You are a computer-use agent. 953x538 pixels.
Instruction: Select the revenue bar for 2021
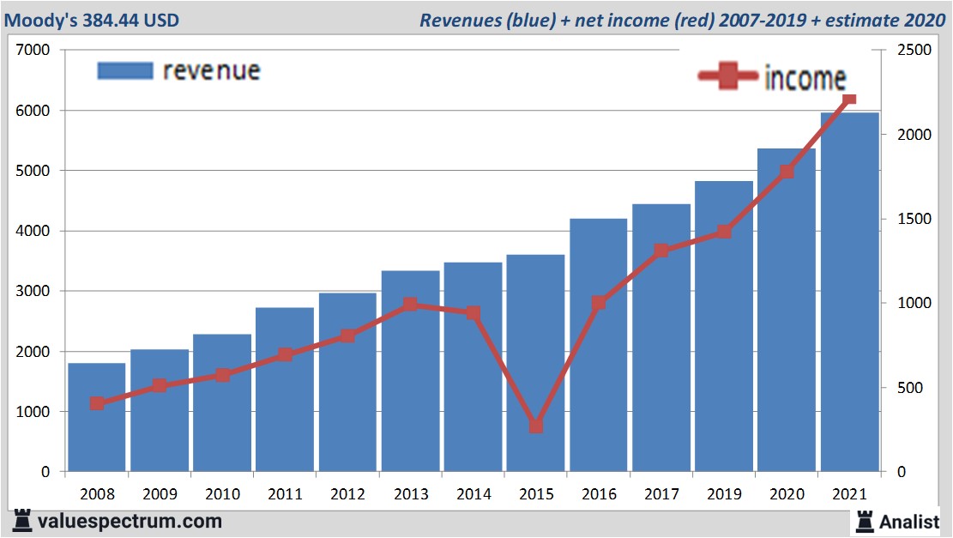849,292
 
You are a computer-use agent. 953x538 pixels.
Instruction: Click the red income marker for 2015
536,426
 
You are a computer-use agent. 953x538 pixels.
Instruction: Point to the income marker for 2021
849,100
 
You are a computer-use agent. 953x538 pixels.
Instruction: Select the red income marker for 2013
410,305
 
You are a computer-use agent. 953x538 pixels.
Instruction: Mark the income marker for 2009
160,386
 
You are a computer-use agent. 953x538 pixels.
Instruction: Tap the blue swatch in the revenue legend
124,70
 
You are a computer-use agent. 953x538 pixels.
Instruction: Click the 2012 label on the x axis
347,494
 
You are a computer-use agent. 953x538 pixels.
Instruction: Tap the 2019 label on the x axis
724,494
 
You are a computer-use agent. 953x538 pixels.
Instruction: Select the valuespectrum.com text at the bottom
130,521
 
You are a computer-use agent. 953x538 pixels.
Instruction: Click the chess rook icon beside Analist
864,520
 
